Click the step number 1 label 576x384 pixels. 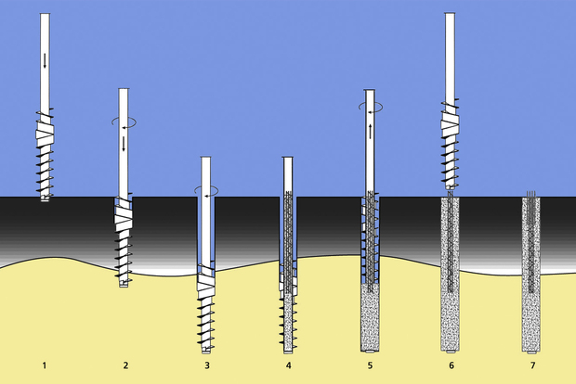click(x=45, y=365)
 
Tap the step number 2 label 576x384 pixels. click(x=126, y=365)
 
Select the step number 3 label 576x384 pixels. click(x=207, y=365)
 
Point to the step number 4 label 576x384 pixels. click(x=289, y=365)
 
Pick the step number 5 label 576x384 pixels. click(x=370, y=365)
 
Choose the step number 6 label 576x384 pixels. click(x=452, y=365)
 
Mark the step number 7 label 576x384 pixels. click(x=532, y=365)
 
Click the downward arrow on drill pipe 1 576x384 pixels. click(x=45, y=60)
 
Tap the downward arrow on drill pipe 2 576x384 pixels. click(x=124, y=144)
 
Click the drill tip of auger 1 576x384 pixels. click(x=45, y=198)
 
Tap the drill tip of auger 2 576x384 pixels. click(x=124, y=284)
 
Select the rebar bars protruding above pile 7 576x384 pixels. click(x=531, y=194)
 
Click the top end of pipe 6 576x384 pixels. click(x=450, y=14)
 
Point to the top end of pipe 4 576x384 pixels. click(x=288, y=158)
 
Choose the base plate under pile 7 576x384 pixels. click(x=531, y=352)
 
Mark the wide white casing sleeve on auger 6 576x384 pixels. click(x=450, y=124)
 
